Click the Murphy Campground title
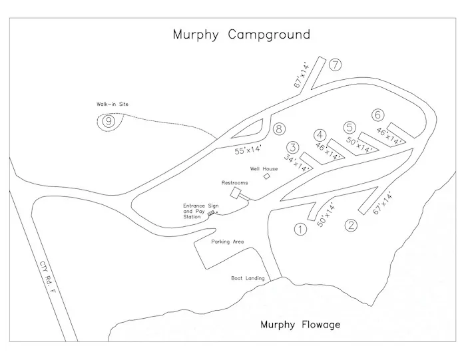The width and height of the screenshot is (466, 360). click(x=241, y=35)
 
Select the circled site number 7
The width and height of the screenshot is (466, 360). click(x=335, y=65)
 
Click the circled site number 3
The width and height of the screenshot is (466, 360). click(x=292, y=148)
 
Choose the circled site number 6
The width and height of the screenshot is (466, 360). click(x=378, y=114)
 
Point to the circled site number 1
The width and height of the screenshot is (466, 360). click(x=301, y=230)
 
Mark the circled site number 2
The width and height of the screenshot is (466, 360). click(x=351, y=225)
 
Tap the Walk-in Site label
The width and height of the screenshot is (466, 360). click(x=109, y=104)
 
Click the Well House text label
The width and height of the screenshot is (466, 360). click(x=264, y=168)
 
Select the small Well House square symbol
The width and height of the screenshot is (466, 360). click(x=266, y=177)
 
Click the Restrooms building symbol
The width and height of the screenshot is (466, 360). click(x=236, y=193)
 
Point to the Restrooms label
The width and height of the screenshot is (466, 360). click(x=234, y=182)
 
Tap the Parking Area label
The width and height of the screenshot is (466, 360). click(x=228, y=242)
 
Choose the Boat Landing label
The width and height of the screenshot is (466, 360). click(x=248, y=278)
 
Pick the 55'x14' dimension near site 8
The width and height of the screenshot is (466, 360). click(x=248, y=150)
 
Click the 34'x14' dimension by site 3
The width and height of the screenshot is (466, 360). click(x=298, y=164)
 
